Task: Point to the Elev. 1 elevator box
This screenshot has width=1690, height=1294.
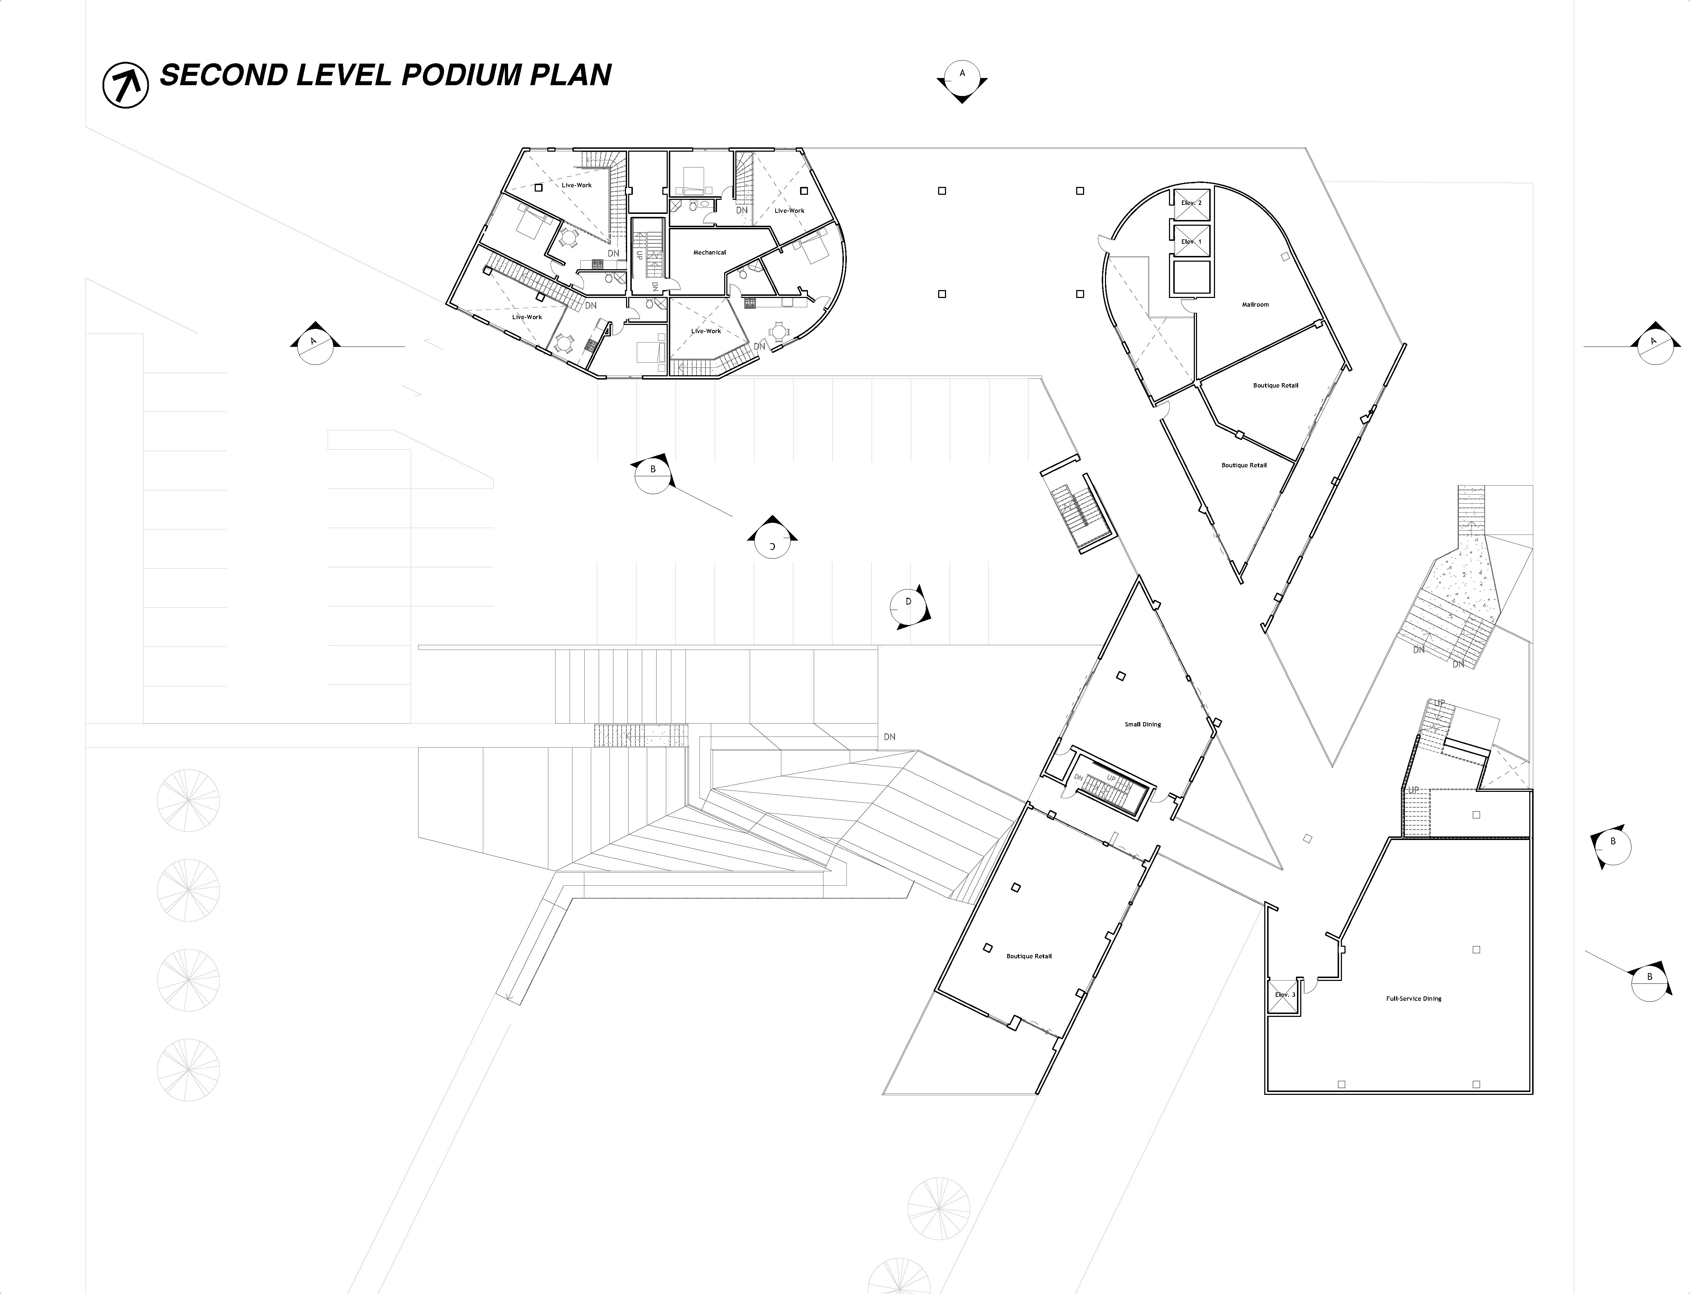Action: point(1191,241)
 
